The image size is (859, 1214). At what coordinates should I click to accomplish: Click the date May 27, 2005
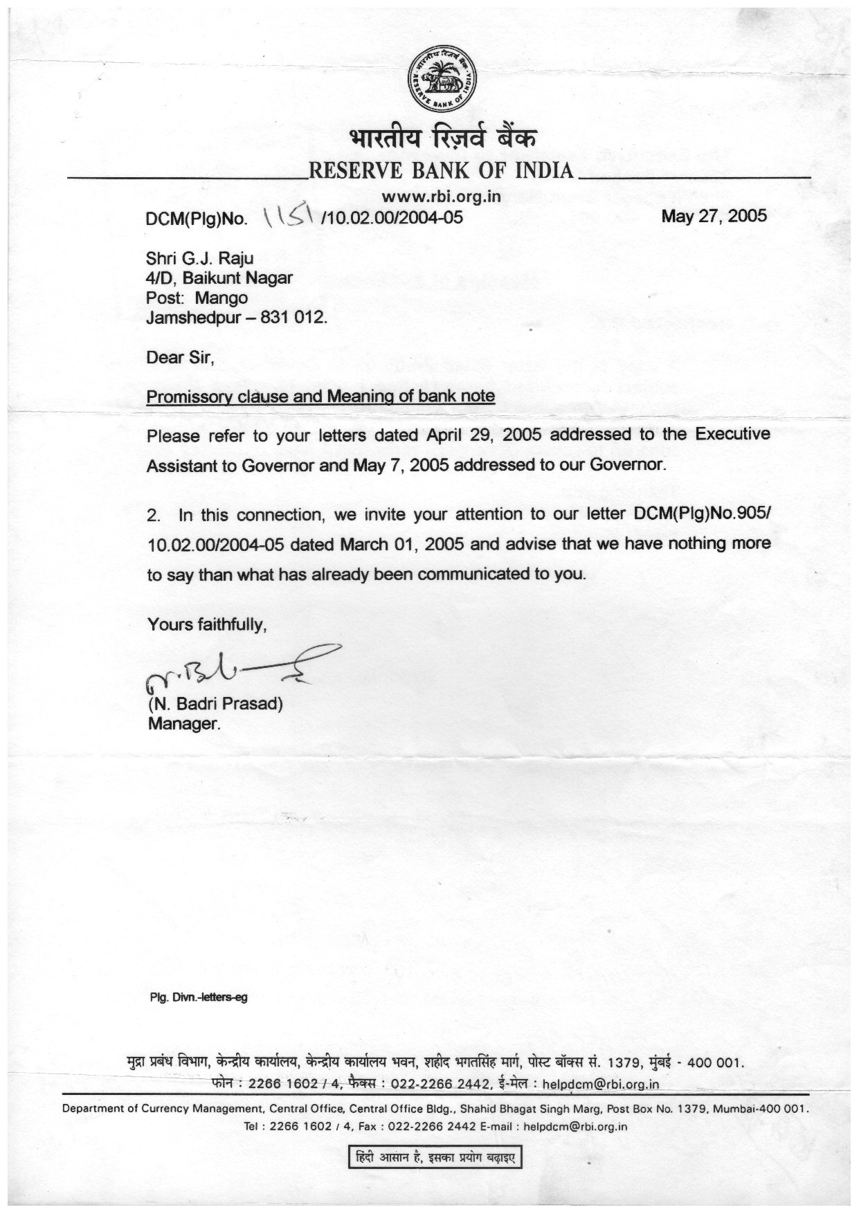[714, 216]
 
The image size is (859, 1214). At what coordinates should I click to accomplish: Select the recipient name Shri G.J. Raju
[199, 259]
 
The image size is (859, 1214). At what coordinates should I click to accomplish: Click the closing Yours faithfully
[207, 625]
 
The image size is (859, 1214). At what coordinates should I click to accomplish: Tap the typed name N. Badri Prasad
[215, 705]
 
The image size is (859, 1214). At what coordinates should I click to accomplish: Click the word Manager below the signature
[183, 725]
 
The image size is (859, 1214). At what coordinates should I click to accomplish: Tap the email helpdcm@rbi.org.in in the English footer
[575, 1126]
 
